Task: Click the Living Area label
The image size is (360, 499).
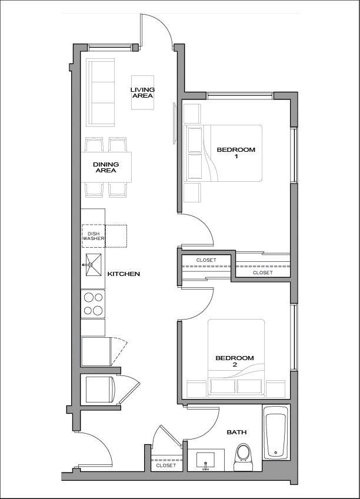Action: (x=142, y=92)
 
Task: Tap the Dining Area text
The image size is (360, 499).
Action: (x=106, y=167)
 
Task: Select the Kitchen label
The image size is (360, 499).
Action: (x=124, y=274)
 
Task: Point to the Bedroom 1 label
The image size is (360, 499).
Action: (x=236, y=153)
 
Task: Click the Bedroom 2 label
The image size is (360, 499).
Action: (x=235, y=361)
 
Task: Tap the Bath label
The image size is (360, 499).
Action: (x=236, y=432)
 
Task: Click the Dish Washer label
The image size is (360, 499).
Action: (x=94, y=236)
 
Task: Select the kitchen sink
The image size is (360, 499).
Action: (x=92, y=265)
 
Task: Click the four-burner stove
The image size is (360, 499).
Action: (x=93, y=304)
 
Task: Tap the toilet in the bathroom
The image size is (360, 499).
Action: (x=243, y=457)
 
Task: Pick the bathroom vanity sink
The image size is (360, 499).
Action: (x=206, y=461)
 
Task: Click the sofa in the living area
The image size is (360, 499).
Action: (x=101, y=92)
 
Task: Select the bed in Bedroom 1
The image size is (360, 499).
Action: (x=224, y=154)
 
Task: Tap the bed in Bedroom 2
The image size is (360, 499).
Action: (x=236, y=358)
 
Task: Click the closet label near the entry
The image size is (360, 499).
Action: (x=166, y=465)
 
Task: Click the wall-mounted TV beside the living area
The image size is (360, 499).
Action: (x=174, y=123)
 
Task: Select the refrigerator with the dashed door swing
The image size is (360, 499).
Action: (x=96, y=351)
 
